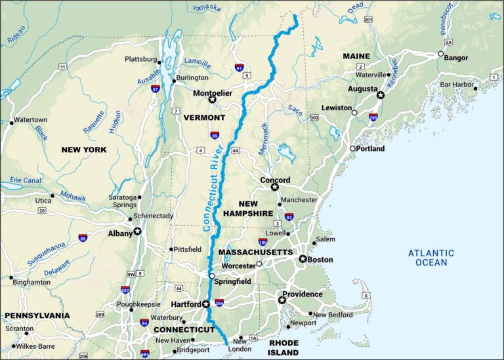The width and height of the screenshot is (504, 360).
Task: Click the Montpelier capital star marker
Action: click(211, 100)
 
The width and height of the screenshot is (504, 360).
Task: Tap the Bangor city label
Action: click(456, 58)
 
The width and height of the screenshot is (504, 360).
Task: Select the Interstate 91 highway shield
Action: click(240, 68)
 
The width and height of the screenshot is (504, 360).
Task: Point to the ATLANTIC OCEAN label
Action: click(431, 258)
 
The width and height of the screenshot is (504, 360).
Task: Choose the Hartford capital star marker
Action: click(206, 304)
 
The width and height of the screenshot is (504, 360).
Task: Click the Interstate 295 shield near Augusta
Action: click(373, 117)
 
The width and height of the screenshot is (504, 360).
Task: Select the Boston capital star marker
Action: click(303, 259)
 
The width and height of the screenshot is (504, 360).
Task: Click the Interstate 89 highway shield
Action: click(215, 135)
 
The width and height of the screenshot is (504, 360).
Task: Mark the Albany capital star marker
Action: click(138, 231)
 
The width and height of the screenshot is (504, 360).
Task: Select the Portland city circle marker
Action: click(352, 149)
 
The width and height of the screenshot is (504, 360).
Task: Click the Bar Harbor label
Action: click(457, 85)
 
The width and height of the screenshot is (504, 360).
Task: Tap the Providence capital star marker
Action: click(282, 300)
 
